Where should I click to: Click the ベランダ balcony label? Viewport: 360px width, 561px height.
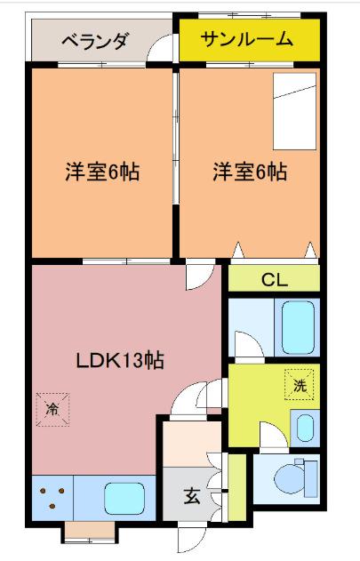94,42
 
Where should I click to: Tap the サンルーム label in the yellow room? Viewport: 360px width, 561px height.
246,39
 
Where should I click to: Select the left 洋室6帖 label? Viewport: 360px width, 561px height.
102,172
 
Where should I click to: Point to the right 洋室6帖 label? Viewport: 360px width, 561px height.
250,172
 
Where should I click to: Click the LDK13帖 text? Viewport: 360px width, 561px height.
120,360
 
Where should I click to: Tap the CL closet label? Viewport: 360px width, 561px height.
275,280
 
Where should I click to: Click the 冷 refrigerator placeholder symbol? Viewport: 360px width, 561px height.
52,410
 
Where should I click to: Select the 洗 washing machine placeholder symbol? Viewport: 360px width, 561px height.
300,385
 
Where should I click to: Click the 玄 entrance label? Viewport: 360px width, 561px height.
192,496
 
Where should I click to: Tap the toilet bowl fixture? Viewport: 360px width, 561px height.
296,478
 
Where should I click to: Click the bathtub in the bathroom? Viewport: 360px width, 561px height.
298,328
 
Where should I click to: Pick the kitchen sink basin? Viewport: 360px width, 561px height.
124,498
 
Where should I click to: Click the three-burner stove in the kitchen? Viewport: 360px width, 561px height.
52,498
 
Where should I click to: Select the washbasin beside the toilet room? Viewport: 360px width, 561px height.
305,428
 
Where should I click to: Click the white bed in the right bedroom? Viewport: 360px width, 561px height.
294,111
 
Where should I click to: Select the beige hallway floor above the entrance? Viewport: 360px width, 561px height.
191,445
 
